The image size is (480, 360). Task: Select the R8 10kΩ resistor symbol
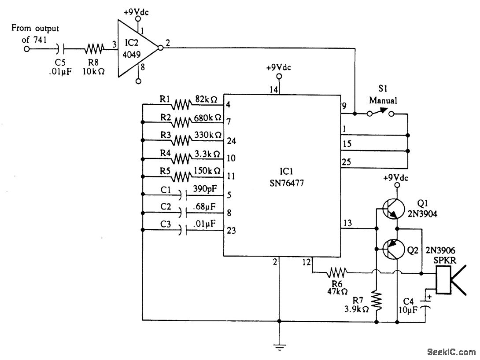tap(94, 48)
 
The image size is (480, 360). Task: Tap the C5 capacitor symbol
tap(61, 48)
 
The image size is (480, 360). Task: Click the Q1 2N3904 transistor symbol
tap(393, 209)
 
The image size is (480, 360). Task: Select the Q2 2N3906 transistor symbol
tap(393, 249)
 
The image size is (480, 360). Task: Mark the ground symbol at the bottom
tap(279, 347)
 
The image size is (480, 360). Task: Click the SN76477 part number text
tap(287, 183)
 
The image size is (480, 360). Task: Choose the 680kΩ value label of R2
tap(207, 118)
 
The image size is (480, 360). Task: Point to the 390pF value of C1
tap(205, 189)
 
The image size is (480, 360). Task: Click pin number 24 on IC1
tap(232, 141)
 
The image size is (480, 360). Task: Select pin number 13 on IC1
tap(347, 223)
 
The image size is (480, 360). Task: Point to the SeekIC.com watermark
tap(451, 352)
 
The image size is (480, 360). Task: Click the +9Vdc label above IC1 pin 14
tap(279, 68)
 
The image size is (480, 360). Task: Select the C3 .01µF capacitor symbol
tap(182, 230)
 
